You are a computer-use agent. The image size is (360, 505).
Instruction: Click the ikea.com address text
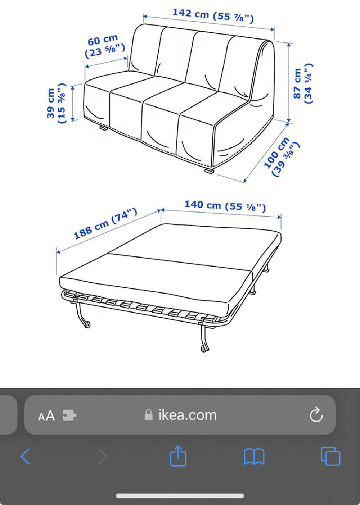click(187, 415)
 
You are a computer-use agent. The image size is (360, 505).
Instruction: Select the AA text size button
click(46, 416)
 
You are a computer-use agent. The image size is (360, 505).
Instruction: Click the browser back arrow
click(25, 456)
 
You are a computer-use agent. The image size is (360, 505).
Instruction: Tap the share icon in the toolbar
click(178, 456)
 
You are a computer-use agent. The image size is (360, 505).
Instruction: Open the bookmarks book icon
click(254, 457)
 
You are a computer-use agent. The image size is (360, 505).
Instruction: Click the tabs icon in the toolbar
click(330, 456)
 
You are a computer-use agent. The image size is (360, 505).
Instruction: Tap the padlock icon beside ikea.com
click(149, 415)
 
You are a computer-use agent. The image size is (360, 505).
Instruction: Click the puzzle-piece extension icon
click(69, 415)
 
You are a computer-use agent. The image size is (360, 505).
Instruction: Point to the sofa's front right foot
click(210, 170)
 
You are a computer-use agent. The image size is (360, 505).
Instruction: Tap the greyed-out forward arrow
click(103, 456)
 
